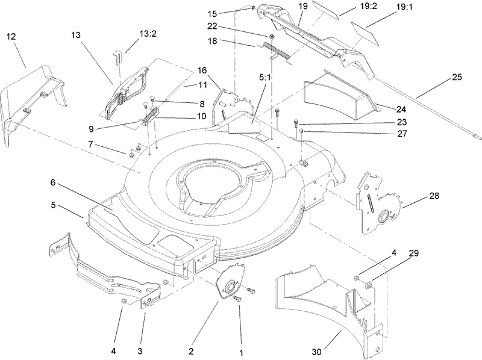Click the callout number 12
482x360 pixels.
(11, 37)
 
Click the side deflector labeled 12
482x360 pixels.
(30, 99)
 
